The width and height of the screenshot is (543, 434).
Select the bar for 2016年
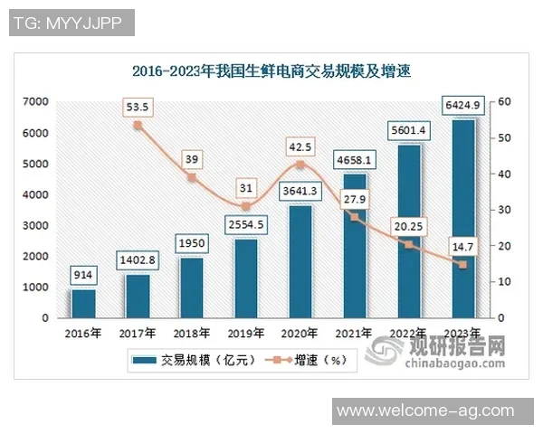82,304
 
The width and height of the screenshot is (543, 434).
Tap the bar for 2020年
300,262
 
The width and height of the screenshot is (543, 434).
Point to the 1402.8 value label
138,260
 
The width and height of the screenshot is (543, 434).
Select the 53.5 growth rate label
138,107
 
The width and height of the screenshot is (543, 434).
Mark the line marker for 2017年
138,126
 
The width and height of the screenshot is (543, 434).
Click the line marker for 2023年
462,265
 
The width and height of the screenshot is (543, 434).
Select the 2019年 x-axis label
246,332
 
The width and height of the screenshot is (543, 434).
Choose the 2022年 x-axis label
409,332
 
